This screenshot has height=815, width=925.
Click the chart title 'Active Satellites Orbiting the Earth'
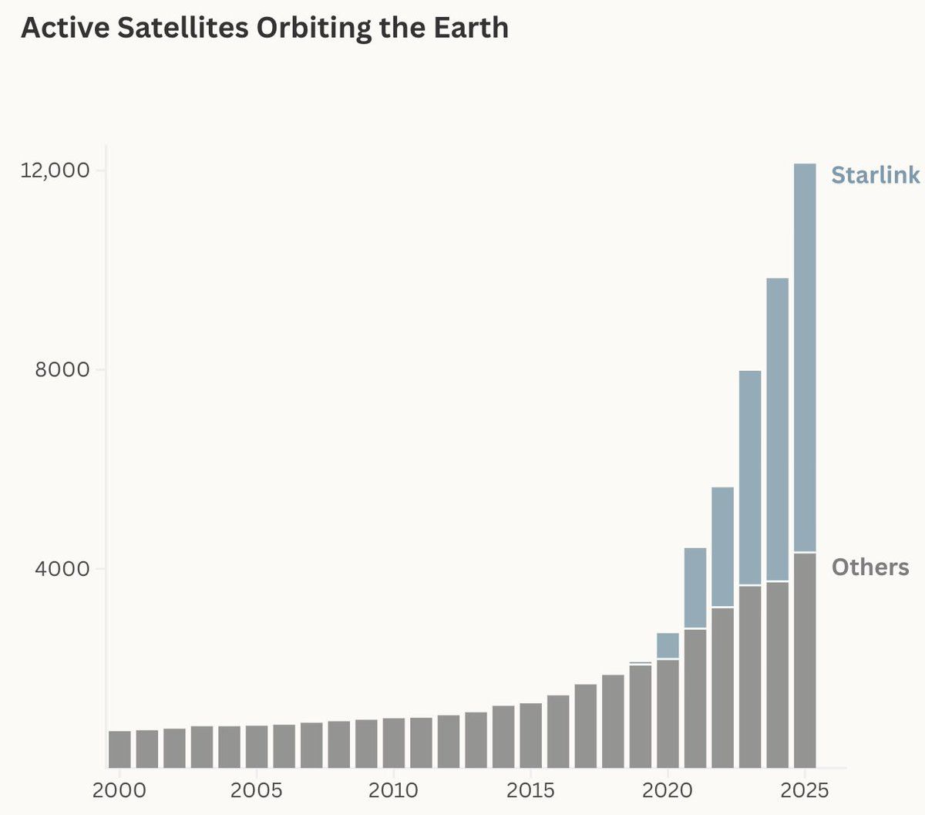coord(265,29)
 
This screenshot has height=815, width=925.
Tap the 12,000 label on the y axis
coord(54,170)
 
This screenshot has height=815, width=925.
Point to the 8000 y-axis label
coord(62,369)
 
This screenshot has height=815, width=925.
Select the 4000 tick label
coord(62,569)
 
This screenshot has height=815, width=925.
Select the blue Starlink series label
coord(875,176)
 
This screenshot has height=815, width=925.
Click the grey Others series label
coord(870,567)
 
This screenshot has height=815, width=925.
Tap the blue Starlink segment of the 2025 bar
coord(805,358)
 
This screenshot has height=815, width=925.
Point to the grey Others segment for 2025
coord(805,661)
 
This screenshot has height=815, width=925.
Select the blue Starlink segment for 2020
coord(668,645)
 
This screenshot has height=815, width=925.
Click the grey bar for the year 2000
coord(119,749)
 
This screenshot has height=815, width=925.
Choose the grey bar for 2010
coord(394,743)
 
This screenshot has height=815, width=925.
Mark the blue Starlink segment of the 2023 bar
coord(750,477)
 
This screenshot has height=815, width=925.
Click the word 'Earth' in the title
coord(471,28)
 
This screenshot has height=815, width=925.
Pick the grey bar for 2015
coord(531,736)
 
